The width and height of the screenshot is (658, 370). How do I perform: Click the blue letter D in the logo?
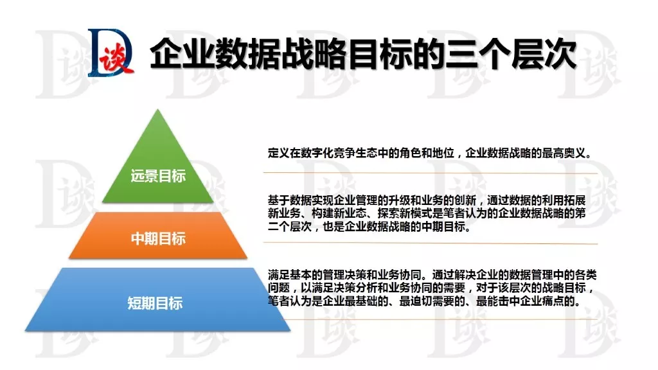pyautogui.click(x=109, y=53)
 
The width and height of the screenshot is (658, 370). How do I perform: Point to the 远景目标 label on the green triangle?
pyautogui.click(x=158, y=176)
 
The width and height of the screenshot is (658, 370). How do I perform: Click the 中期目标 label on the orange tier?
pyautogui.click(x=158, y=239)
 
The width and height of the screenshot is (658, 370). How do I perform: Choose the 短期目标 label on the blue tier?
pyautogui.click(x=156, y=303)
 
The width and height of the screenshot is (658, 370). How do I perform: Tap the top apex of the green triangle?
pyautogui.click(x=158, y=109)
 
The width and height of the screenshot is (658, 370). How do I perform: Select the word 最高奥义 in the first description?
pyautogui.click(x=563, y=153)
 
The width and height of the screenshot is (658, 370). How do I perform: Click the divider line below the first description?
pyautogui.click(x=431, y=172)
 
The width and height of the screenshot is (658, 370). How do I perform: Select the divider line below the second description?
pyautogui.click(x=431, y=243)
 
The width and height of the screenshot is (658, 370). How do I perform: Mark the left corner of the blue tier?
pyautogui.click(x=26, y=331)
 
